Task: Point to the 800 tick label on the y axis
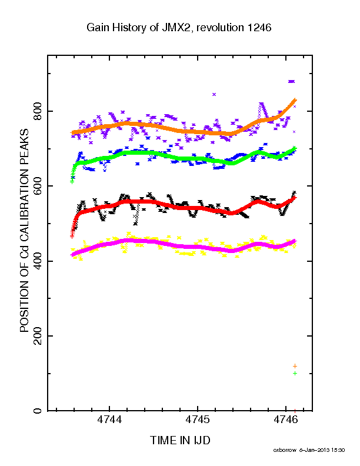point(38,111)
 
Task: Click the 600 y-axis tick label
point(38,186)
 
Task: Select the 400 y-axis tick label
point(38,261)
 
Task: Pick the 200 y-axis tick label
point(38,336)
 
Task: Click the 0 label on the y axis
point(38,411)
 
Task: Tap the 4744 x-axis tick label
point(109,420)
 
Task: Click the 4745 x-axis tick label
point(198,420)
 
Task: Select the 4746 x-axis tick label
point(286,420)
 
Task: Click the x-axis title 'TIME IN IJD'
point(180,440)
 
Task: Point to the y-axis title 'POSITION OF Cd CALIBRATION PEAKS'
point(24,230)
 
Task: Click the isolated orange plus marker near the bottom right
point(295,366)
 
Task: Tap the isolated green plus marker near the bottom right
point(295,373)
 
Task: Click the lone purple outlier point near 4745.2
point(214,95)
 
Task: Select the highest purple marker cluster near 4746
point(291,81)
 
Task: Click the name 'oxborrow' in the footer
point(285,450)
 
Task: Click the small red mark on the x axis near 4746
point(295,411)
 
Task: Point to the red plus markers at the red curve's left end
point(72,231)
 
